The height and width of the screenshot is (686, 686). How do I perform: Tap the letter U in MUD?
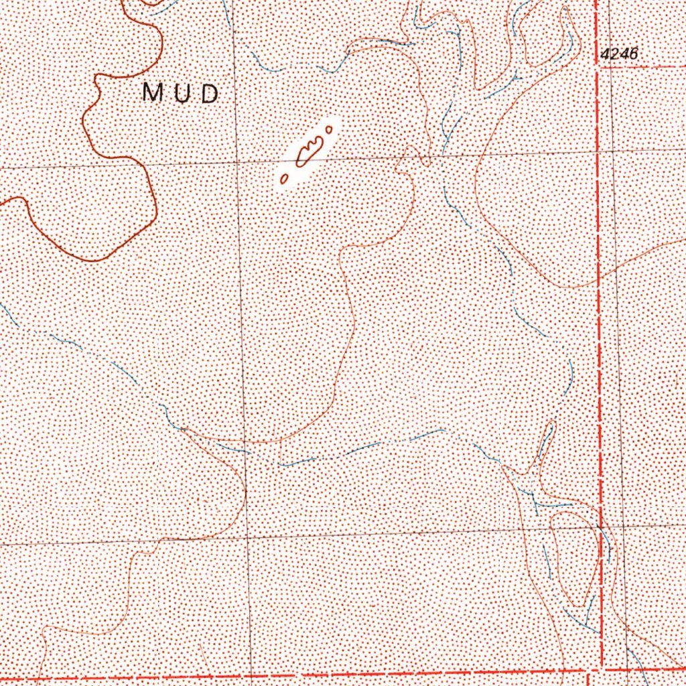click(x=182, y=93)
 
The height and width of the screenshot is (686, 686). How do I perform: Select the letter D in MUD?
click(x=210, y=93)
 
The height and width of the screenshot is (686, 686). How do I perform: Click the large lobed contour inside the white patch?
click(x=310, y=151)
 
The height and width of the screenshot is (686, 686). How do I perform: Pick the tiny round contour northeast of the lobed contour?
click(x=330, y=129)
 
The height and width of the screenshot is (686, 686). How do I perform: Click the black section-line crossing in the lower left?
click(x=247, y=537)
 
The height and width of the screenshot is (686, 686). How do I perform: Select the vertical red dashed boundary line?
click(x=598, y=335)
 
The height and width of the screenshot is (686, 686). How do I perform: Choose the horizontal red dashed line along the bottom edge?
click(x=335, y=675)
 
